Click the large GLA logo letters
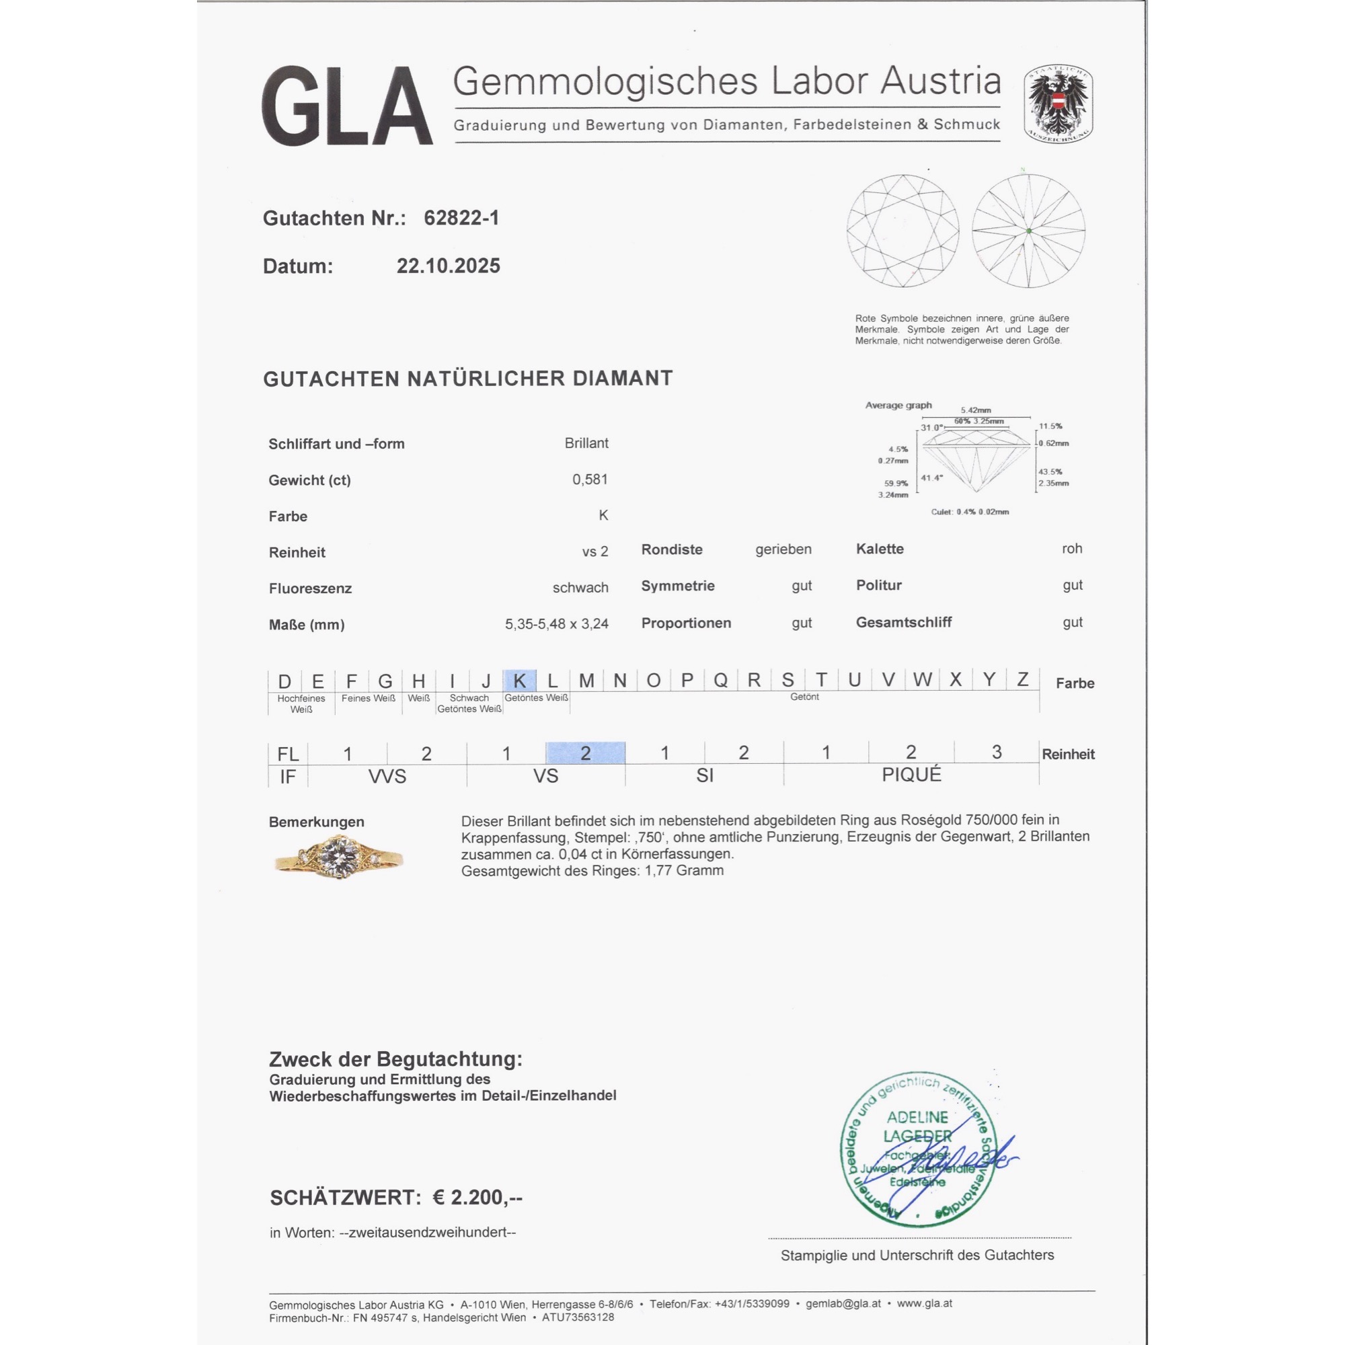347,106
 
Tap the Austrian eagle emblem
1057,104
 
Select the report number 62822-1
461,218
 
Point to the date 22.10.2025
449,266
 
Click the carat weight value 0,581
590,479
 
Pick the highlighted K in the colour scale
519,680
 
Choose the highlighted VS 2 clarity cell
586,753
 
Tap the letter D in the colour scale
284,681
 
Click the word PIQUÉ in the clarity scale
911,775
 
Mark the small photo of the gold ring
339,857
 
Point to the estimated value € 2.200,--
477,1198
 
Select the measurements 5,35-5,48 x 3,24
556,624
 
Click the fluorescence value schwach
580,588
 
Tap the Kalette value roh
1071,549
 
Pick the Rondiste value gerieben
783,549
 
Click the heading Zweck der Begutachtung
395,1059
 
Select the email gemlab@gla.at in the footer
843,1303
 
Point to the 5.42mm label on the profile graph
975,410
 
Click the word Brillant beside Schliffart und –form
586,443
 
